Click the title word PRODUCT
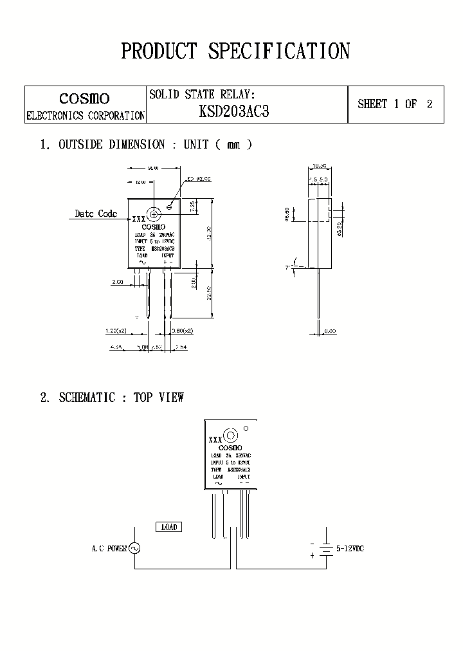coord(159,51)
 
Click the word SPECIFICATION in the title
coord(278,51)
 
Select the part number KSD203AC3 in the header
coord(234,111)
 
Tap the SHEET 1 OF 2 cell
coord(395,104)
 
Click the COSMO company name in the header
coord(84,98)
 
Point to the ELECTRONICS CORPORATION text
coord(85,116)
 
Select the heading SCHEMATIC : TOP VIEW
coord(121,398)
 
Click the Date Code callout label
coord(96,214)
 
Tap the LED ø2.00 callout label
coord(199,179)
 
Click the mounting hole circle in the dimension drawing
coord(154,214)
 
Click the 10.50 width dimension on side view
coord(320,166)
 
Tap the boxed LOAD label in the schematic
coord(168,527)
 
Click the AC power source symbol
coord(134,548)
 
